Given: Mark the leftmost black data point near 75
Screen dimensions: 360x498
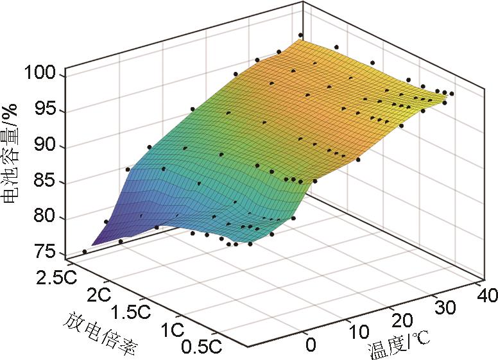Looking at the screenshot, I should [x=85, y=252].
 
